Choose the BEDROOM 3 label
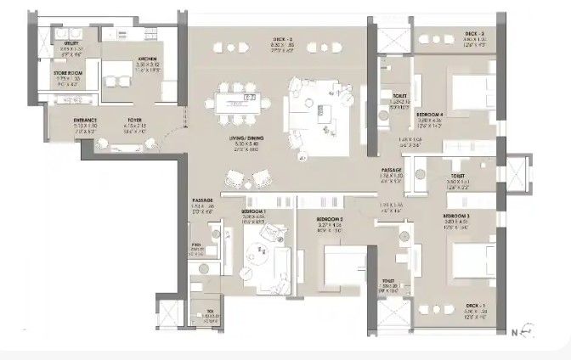pyautogui.click(x=455, y=217)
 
